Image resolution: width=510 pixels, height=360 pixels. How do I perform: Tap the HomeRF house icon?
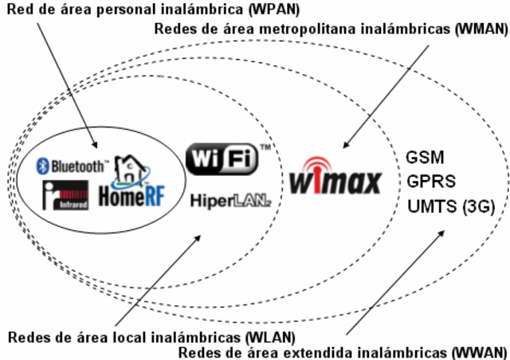pos(128,169)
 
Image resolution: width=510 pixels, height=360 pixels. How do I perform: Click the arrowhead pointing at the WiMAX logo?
pos(345,147)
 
